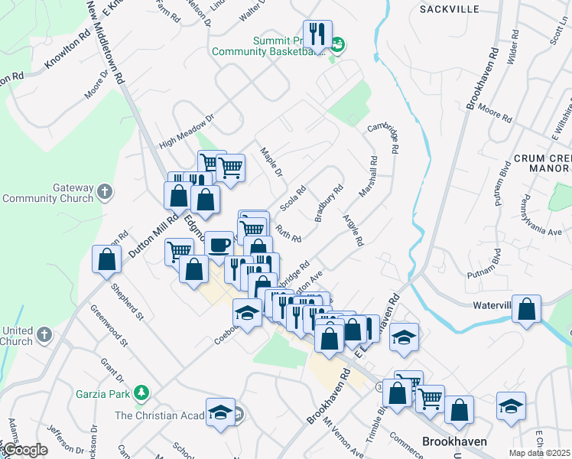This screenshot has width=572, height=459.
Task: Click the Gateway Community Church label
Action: pos(47,193)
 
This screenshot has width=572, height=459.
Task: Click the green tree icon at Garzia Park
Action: pos(141,393)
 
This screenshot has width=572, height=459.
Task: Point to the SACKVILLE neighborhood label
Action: pos(450,9)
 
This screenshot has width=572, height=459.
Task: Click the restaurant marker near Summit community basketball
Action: pos(315,34)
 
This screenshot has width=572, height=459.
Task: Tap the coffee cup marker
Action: pos(219,245)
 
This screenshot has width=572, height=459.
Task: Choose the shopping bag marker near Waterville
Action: pos(526,309)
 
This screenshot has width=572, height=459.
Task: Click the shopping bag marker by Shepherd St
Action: pos(106,259)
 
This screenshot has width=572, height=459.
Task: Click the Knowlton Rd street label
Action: pos(67,55)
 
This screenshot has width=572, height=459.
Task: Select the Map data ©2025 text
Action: pos(539,453)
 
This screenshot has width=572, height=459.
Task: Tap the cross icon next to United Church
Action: pos(45,334)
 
